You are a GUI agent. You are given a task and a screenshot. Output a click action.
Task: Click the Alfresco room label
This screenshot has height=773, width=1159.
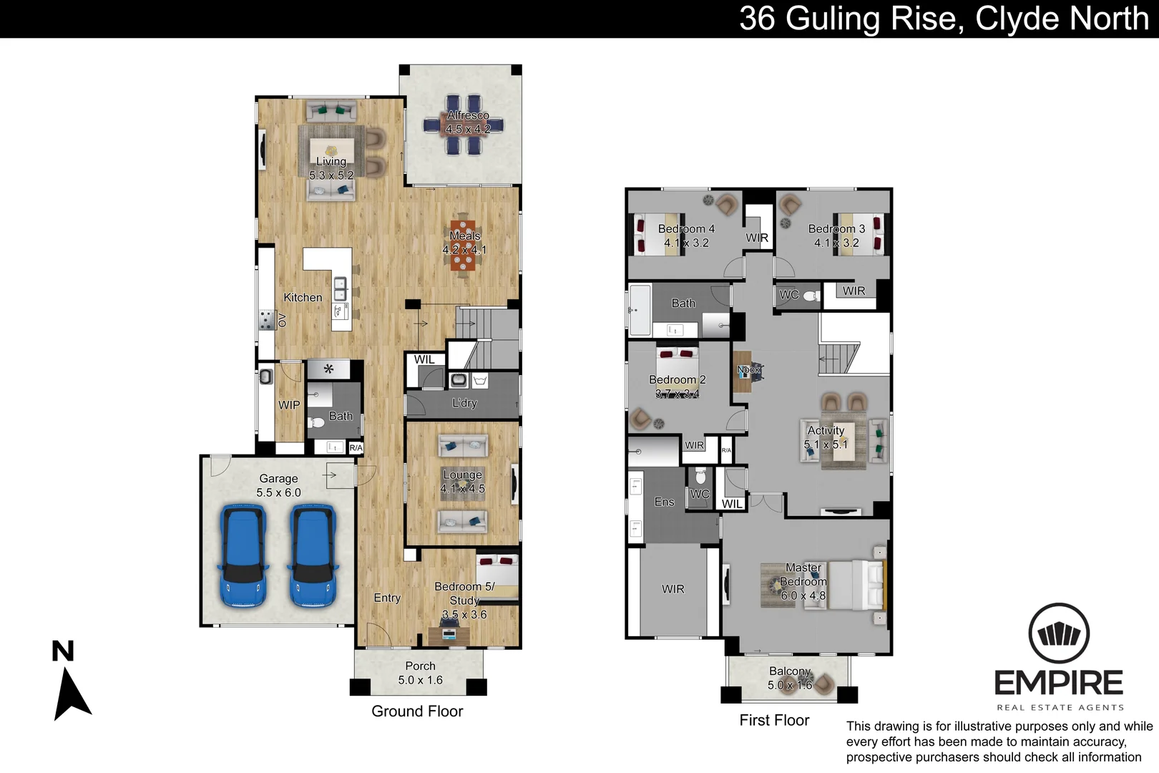pos(468,115)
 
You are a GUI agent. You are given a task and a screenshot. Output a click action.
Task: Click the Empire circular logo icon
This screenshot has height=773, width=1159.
pos(1059,634)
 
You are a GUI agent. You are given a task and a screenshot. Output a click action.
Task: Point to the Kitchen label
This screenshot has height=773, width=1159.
pos(303,298)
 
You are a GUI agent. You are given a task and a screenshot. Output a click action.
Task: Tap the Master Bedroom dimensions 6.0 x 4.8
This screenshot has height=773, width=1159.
pos(803,595)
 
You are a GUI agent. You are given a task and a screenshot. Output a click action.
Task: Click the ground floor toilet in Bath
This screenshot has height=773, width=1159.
pos(316,422)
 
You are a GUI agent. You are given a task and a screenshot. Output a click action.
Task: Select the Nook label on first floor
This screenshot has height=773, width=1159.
pos(748,370)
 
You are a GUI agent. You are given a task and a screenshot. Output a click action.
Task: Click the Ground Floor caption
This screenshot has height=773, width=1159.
pos(417,711)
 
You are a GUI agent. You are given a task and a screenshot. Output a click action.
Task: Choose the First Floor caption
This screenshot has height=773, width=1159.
pos(774,721)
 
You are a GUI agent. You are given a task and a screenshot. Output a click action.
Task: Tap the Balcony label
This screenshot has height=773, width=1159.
pos(790,671)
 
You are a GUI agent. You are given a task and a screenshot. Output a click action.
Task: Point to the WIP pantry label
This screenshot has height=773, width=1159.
pos(289,405)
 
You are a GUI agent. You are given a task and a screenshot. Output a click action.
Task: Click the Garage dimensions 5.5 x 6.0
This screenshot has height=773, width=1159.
pos(278,492)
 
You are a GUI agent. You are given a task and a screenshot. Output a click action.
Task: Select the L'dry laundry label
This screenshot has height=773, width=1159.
pos(464,403)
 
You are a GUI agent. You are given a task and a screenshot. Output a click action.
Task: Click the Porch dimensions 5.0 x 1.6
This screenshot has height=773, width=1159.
pos(420,680)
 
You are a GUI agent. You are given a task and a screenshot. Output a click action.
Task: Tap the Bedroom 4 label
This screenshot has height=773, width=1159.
pos(686,229)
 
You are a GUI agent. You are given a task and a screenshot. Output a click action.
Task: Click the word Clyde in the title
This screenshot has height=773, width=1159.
pos(1015,19)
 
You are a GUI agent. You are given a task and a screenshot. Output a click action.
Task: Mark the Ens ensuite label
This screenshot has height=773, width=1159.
pos(664,502)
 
